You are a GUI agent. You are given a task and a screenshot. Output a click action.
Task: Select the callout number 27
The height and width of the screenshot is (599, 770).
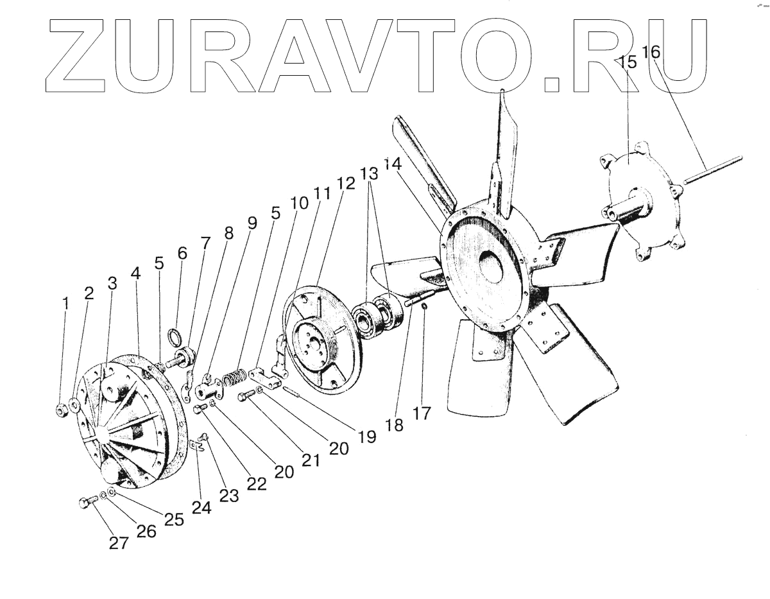[118, 543]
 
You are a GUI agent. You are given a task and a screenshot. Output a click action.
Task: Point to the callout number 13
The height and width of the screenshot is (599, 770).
[369, 173]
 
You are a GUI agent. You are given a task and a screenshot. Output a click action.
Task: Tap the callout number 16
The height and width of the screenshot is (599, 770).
[651, 52]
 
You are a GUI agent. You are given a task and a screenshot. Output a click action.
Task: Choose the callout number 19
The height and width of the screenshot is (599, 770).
[366, 437]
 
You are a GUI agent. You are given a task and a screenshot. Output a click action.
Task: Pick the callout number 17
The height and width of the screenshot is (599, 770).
[423, 412]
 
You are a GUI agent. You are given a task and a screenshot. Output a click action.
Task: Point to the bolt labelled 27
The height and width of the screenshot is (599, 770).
[87, 503]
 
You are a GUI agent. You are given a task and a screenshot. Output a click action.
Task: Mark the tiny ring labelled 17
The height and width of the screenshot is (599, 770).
[425, 306]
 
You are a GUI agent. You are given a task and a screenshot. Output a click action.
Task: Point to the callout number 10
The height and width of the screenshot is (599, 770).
[298, 202]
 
